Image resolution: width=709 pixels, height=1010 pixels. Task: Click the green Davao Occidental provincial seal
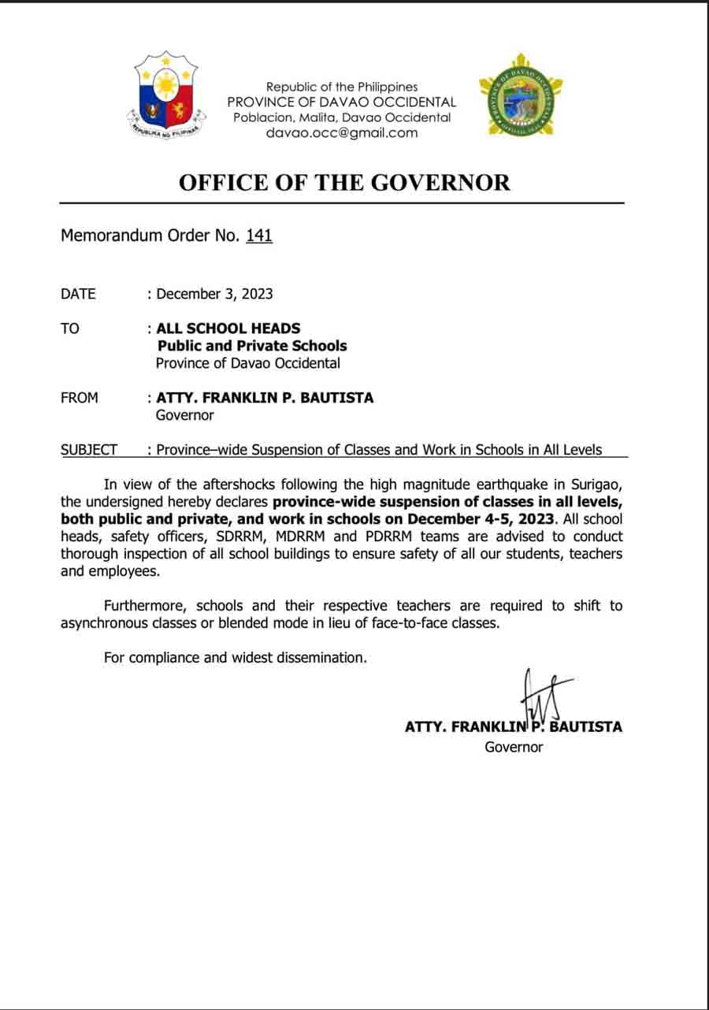521,95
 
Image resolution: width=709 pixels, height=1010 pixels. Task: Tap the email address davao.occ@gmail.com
342,132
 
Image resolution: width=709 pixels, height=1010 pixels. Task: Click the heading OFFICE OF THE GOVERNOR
344,183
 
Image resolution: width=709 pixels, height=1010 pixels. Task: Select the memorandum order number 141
259,236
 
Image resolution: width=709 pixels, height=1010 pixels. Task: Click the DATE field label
78,294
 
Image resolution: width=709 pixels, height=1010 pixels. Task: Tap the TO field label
70,329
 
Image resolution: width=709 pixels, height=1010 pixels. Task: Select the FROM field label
80,398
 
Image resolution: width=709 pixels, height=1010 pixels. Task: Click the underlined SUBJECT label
89,450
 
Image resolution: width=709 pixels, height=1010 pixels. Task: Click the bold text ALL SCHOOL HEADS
228,329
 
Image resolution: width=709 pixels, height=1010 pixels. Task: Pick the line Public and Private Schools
252,346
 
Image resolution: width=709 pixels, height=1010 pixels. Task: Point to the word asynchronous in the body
104,623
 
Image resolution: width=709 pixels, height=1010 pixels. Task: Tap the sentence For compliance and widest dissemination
236,657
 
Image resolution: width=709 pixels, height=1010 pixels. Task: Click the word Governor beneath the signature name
514,747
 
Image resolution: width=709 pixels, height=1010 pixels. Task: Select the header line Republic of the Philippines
342,87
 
